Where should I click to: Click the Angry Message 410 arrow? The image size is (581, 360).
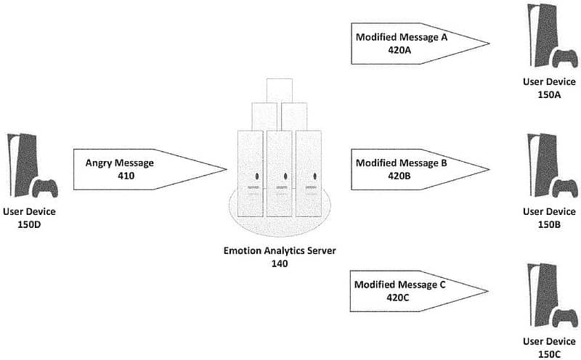pyautogui.click(x=150, y=170)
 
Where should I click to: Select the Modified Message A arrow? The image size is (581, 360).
pyautogui.click(x=420, y=44)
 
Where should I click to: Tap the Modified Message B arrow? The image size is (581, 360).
pyautogui.click(x=420, y=170)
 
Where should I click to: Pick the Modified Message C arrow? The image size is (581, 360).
pyautogui.click(x=419, y=291)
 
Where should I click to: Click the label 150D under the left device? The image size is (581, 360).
pyautogui.click(x=29, y=224)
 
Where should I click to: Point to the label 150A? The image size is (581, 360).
pyautogui.click(x=549, y=95)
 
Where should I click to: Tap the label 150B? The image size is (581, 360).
pyautogui.click(x=549, y=224)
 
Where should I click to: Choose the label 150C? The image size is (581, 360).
pyautogui.click(x=549, y=354)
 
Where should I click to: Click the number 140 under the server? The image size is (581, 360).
pyautogui.click(x=280, y=263)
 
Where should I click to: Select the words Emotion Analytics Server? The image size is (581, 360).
pyautogui.click(x=280, y=250)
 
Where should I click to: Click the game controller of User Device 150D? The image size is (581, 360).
pyautogui.click(x=45, y=188)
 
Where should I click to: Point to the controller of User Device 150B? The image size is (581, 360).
pyautogui.click(x=565, y=188)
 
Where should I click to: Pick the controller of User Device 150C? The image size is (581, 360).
pyautogui.click(x=565, y=318)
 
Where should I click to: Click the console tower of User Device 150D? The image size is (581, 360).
pyautogui.click(x=23, y=165)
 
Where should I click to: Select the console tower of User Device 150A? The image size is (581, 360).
pyautogui.click(x=543, y=35)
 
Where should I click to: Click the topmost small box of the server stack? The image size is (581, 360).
pyautogui.click(x=280, y=91)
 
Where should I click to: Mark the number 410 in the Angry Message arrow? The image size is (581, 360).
pyautogui.click(x=126, y=176)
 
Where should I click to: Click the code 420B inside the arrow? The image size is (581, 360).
pyautogui.click(x=399, y=176)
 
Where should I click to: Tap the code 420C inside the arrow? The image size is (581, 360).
pyautogui.click(x=397, y=298)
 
